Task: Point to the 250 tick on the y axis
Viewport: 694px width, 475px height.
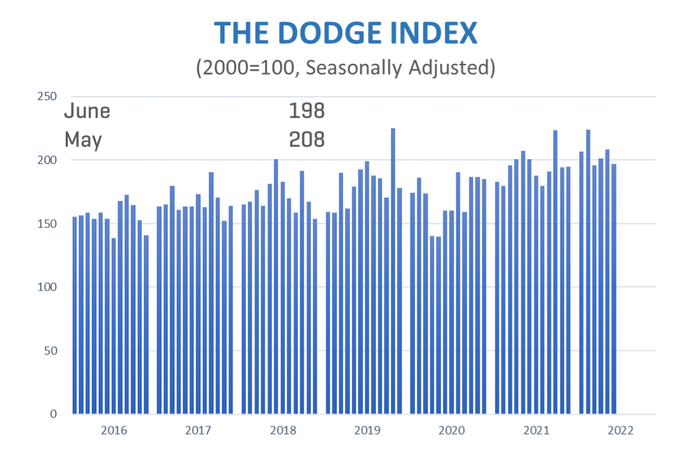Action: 47,96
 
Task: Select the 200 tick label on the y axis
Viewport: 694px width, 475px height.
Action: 47,160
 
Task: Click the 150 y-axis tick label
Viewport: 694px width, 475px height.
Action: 47,223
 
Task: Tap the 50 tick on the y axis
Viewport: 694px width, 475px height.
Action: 50,351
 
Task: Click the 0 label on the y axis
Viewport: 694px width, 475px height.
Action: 53,414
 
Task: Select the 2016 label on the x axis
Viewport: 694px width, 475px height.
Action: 114,431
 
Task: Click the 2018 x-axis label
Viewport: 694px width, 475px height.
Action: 283,431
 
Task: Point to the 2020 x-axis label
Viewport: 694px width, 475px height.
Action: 452,431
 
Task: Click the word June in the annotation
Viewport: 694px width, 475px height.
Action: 87,110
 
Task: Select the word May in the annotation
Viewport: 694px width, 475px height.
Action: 83,140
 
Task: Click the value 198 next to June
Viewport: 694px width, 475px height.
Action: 306,110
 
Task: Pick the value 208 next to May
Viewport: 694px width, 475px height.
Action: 306,140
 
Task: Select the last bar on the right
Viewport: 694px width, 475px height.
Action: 614,289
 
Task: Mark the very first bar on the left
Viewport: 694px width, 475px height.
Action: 75,315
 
